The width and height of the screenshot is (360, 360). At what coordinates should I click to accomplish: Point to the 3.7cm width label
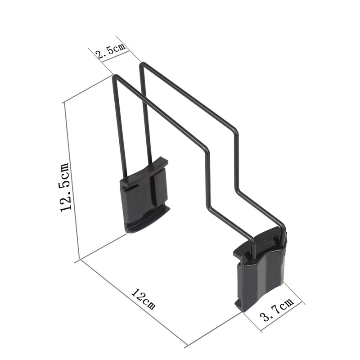pyautogui.click(x=278, y=311)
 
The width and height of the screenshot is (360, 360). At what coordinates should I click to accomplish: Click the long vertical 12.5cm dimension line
pyautogui.click(x=72, y=180)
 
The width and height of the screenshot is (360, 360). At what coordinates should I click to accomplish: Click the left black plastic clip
pyautogui.click(x=145, y=196)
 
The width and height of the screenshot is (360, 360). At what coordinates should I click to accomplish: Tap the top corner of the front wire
pyautogui.click(x=114, y=76)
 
